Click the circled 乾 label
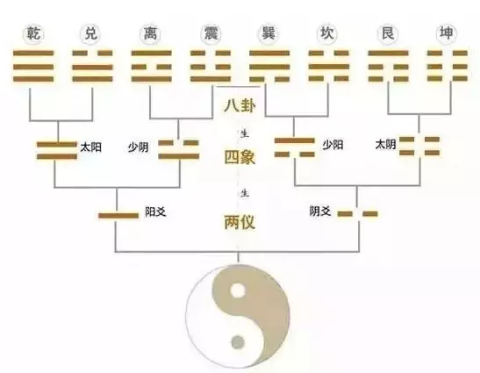click(x=33, y=33)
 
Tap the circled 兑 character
click(x=90, y=33)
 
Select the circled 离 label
click(x=150, y=33)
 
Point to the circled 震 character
click(x=211, y=33)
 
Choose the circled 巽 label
click(x=269, y=33)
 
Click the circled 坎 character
click(x=327, y=33)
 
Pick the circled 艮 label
click(x=387, y=33)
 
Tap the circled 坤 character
click(x=446, y=33)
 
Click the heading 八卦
click(x=240, y=106)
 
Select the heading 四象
click(x=240, y=157)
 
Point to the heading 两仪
click(x=240, y=222)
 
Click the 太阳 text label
click(x=90, y=147)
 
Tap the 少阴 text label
click(x=138, y=147)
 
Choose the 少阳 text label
click(x=333, y=145)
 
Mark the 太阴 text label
click(x=386, y=144)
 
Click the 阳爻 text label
click(x=156, y=212)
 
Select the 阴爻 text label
click(x=320, y=211)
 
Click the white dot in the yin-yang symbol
click(x=238, y=291)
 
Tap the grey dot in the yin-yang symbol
click(x=238, y=342)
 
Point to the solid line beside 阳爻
click(x=118, y=216)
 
